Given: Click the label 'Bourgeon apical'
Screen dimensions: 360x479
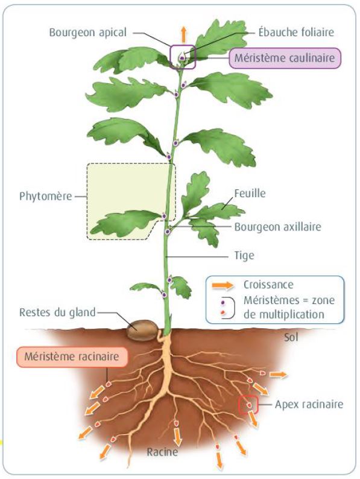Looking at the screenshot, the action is coord(87,33).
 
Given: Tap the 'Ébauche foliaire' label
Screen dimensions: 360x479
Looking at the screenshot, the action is coord(296,32).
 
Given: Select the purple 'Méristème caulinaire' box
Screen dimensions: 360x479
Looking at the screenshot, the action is coord(285,58).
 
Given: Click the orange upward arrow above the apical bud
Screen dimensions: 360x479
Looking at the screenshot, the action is coord(183,34).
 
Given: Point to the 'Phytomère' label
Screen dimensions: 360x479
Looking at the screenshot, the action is coord(45,196).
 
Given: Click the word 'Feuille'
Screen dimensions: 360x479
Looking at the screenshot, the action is coord(250,193).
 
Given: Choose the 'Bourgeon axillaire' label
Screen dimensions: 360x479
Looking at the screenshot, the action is coord(277,227).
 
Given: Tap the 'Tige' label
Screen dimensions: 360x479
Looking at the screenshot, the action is coord(244,255).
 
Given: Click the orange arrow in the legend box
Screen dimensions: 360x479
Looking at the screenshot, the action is coord(223,285).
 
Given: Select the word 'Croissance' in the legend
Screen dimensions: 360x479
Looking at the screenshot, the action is coord(268,285).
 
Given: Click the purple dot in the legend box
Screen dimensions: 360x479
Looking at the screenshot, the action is coord(223,302).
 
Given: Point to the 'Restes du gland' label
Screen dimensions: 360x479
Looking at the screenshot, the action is coord(57,312).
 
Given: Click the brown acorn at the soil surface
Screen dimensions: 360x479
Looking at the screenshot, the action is coord(142,330).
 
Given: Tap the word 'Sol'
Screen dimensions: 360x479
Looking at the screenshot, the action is coord(291,338).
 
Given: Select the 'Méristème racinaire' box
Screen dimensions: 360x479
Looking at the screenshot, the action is coord(72,357).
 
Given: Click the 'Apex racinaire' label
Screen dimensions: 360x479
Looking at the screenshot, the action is coord(309,404).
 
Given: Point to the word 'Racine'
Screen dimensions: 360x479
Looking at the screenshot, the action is coord(162,452).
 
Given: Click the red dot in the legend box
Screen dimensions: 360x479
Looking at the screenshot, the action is coord(223,312).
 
